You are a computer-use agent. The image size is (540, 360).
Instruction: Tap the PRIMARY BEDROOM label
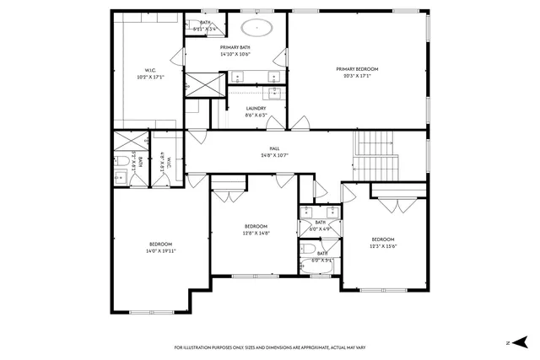(x=356, y=68)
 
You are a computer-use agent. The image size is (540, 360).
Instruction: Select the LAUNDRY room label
(x=256, y=108)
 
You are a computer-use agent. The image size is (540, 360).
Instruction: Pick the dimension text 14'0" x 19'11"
(x=160, y=251)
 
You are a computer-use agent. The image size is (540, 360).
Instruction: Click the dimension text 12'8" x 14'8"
(x=256, y=234)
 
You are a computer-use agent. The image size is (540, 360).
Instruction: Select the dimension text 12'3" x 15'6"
(x=383, y=246)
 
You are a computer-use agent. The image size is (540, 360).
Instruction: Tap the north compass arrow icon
(x=520, y=343)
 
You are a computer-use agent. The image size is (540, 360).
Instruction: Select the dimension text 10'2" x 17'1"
(x=149, y=77)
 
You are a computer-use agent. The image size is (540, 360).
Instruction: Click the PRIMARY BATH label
(x=235, y=47)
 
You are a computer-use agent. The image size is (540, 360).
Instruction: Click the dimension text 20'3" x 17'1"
(x=356, y=76)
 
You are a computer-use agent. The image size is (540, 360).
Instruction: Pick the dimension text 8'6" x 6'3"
(x=256, y=116)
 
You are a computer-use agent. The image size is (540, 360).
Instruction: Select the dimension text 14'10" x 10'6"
(x=235, y=54)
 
